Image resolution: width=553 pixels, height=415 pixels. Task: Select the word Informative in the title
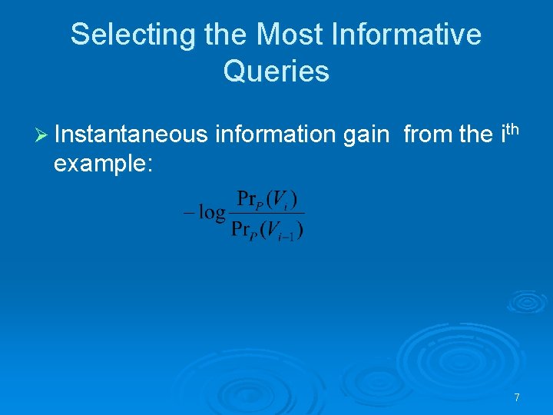coord(409,35)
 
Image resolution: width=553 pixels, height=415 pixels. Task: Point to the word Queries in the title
coord(276,71)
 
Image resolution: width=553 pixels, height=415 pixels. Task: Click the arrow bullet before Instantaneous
coord(41,135)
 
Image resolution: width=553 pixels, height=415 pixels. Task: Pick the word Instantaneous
coord(131,134)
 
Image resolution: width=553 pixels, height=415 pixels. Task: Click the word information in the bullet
coord(276,134)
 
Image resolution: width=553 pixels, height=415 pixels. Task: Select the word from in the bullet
coord(426,134)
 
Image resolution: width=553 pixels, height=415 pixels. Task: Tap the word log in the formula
coord(212,213)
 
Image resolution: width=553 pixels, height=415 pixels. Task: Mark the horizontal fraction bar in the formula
coord(269,214)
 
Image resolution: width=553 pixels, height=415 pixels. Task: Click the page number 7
coord(517,397)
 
